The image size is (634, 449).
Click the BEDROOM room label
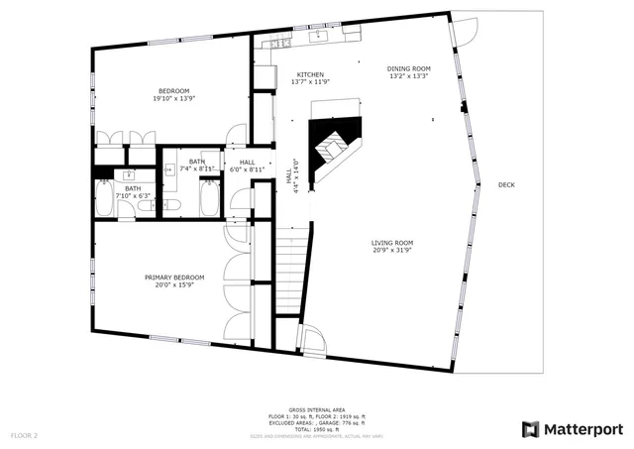[x=170, y=90]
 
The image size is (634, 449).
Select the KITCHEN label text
[x=311, y=75]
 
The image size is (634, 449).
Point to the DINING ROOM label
[x=407, y=68]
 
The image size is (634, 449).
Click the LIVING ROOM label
[x=392, y=243]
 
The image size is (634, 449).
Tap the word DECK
[x=506, y=185]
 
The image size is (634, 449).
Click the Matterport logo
[x=573, y=428]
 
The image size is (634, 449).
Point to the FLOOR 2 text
[x=24, y=435]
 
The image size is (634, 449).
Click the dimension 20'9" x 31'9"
[x=392, y=251]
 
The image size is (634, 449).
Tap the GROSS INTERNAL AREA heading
[x=316, y=408]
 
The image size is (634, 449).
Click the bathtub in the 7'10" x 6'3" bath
[x=104, y=199]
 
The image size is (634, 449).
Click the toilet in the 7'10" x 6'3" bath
[x=169, y=205]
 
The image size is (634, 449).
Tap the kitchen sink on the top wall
[x=319, y=38]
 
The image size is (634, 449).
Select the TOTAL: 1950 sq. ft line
[x=316, y=429]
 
